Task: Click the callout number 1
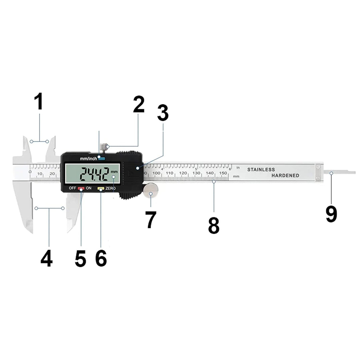click(39, 102)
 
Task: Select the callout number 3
click(163, 113)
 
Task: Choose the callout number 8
click(214, 225)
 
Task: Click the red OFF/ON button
click(81, 189)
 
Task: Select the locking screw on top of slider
click(105, 147)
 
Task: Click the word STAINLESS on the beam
click(261, 170)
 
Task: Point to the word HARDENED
click(285, 176)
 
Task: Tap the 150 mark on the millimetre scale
click(223, 173)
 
